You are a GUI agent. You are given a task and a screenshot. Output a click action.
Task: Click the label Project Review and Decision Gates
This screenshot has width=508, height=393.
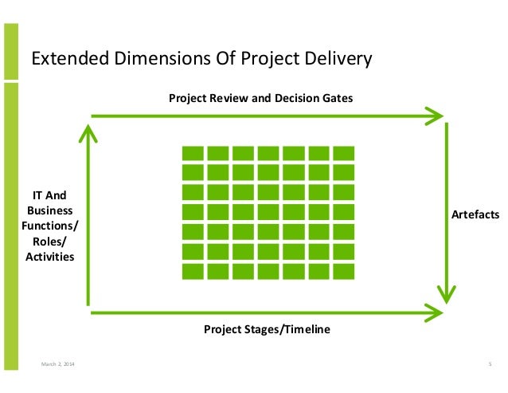[260, 98]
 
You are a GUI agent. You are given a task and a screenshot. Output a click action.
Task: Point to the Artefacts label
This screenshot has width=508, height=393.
[475, 215]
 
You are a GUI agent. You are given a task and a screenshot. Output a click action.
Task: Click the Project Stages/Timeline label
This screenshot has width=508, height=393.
[266, 329]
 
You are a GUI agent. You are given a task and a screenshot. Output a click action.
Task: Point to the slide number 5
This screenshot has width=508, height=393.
[488, 364]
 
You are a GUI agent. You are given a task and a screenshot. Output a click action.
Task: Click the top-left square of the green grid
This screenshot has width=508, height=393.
[193, 153]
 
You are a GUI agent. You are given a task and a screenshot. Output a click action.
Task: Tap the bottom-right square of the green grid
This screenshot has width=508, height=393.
[344, 271]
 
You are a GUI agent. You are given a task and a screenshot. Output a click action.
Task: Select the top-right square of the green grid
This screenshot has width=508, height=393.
[344, 153]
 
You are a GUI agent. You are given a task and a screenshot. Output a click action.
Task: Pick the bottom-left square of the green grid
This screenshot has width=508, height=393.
[193, 271]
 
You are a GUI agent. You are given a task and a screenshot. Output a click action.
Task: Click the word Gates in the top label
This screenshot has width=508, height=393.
[337, 98]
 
